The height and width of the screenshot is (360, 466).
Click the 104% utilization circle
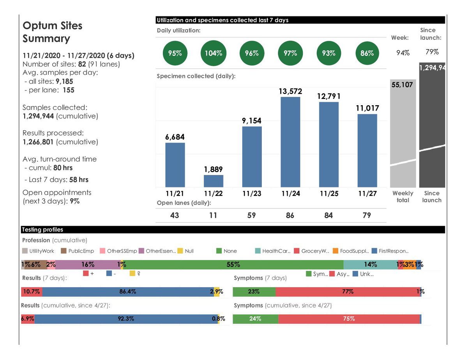point(213,53)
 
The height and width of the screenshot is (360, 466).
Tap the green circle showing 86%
point(367,53)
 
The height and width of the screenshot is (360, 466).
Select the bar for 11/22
point(214,181)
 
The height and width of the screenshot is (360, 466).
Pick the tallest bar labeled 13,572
point(290,142)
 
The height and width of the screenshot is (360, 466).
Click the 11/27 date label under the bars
point(367,193)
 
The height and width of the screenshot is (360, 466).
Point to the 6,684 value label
point(175,137)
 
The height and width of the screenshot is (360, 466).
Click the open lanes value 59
point(252,215)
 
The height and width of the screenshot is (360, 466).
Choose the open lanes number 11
point(213,215)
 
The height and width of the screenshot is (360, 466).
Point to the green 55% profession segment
point(233,265)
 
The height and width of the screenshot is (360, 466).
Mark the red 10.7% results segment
point(32,291)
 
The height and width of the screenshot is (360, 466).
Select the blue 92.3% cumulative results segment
point(126,319)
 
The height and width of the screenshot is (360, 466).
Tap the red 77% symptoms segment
point(348,291)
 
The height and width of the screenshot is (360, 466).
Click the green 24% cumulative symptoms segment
point(256,319)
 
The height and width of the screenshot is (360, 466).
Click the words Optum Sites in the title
point(53,26)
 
